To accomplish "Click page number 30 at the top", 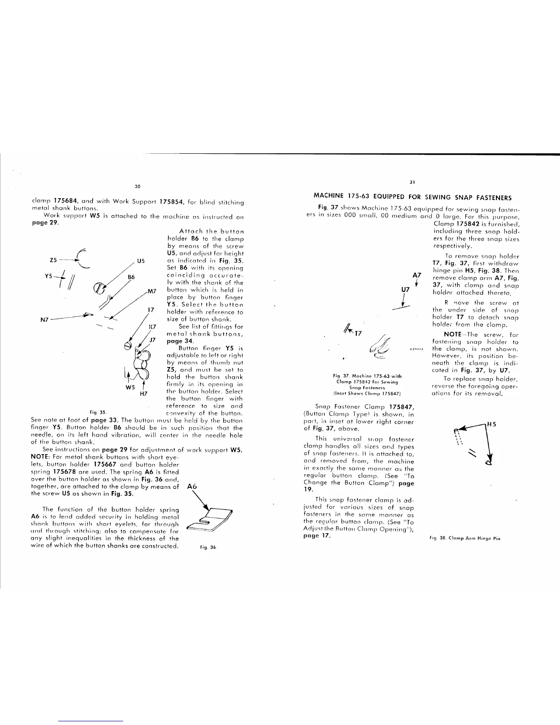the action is pos(137,186).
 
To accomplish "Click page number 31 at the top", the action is pos(412,182).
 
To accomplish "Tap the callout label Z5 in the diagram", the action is pos(53,260).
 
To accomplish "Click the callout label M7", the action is pos(152,291).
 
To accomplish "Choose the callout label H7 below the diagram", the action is pos(143,393).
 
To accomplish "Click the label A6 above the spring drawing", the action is pos(193,487).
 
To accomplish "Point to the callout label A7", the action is pos(417,275).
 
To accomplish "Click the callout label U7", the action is pos(405,290).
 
